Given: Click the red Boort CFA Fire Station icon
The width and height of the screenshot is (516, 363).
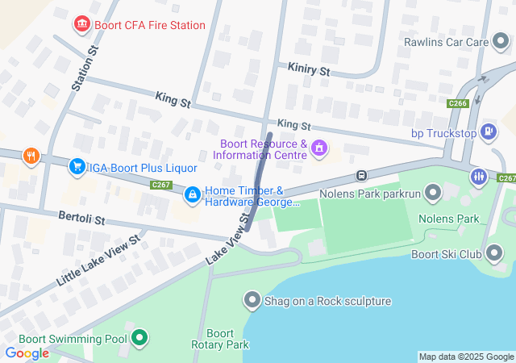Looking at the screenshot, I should point(81,25).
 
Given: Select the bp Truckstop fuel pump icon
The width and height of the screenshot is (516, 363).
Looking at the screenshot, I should point(488,131).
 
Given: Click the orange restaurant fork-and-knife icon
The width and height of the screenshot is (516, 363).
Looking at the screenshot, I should point(31,156).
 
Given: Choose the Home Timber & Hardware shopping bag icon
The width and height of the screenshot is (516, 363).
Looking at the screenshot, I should point(193,194).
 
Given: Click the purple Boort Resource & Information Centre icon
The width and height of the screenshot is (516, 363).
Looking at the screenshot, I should point(319,148).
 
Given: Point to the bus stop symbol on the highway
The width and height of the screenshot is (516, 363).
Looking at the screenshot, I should point(363,175).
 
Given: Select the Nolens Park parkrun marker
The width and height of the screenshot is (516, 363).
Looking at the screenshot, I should point(433,192).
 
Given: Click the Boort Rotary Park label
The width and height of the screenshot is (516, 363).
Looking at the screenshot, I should point(220,340).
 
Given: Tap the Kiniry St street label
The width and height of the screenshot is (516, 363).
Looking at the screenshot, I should point(310,71).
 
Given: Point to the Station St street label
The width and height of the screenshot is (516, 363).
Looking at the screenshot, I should point(84,68).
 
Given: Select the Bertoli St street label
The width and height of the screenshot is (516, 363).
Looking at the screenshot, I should point(81,219).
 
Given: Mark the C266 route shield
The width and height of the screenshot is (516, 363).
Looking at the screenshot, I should point(459,103).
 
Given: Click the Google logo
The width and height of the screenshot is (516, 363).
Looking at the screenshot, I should point(27,353).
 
